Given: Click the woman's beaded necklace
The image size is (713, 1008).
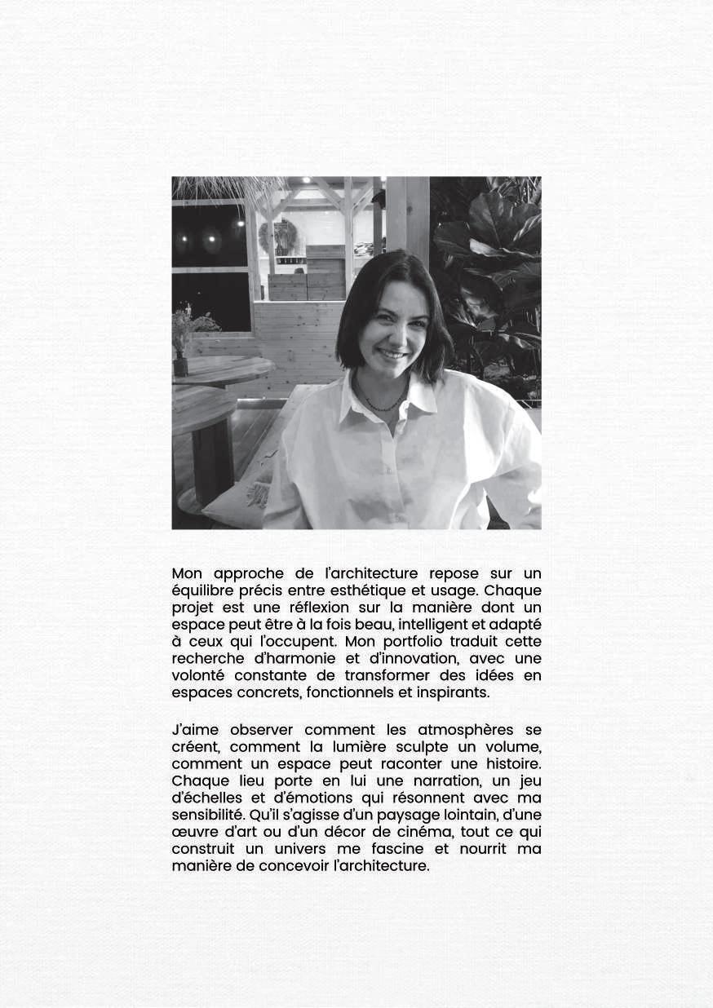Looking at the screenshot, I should pos(383,405).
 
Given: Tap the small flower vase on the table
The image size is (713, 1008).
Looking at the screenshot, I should pos(180,361).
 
